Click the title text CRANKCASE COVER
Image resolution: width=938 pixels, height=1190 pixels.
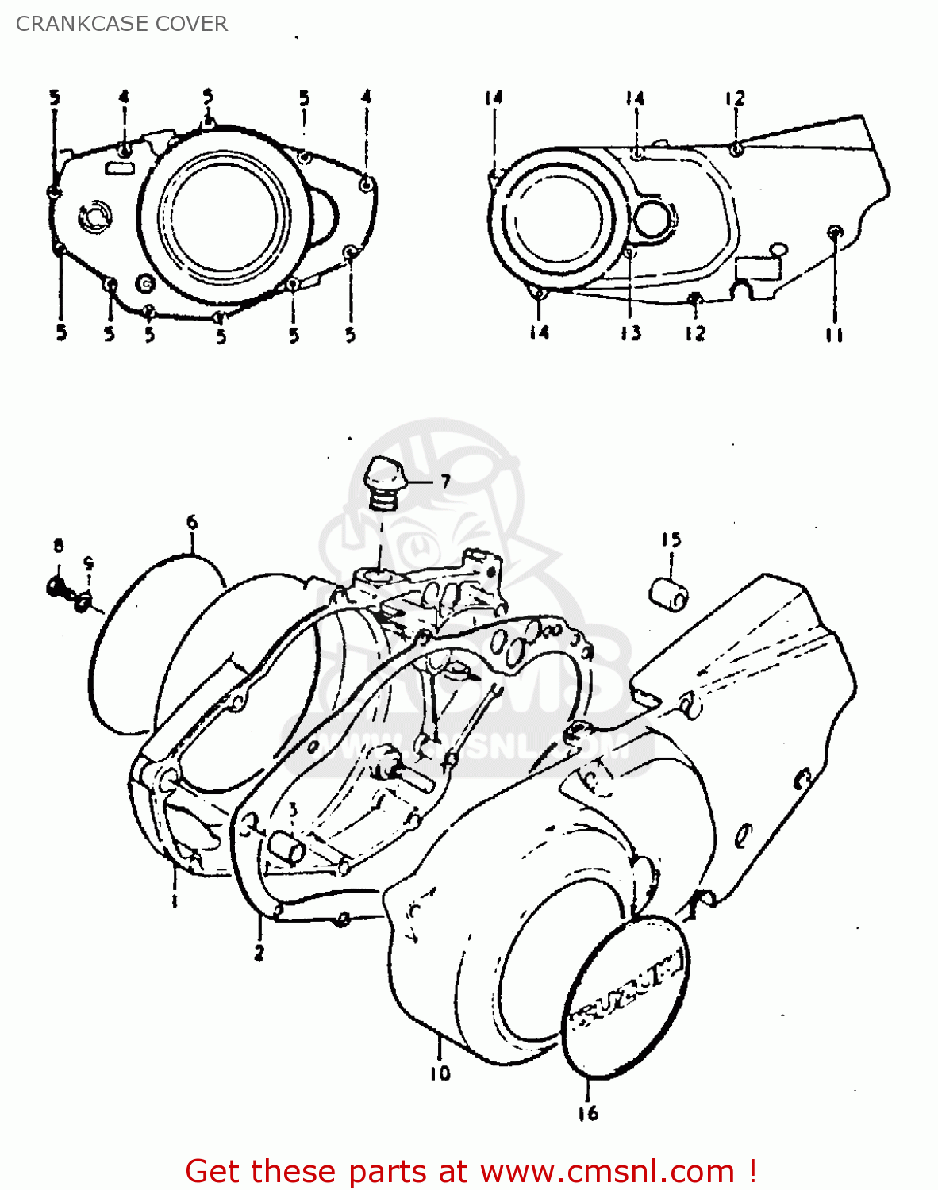[121, 24]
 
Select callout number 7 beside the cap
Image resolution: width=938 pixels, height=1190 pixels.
[445, 481]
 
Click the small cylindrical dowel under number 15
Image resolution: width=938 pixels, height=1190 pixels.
[669, 595]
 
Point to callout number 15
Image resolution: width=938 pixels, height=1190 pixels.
[671, 540]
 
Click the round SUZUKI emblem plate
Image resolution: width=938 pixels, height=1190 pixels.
[626, 996]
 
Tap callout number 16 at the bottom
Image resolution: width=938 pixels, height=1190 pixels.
[588, 1114]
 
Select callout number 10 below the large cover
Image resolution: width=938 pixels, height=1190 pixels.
[440, 1073]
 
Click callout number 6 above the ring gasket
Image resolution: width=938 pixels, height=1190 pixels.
[191, 522]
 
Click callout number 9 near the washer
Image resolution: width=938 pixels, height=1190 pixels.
[89, 564]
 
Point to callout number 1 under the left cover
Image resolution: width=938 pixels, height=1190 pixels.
[174, 901]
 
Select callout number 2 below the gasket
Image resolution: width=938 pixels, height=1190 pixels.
[259, 953]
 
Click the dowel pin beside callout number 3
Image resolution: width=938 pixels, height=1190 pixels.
[286, 848]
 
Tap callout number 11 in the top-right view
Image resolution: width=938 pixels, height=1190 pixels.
[833, 335]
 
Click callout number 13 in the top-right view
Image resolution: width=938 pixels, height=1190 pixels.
[631, 333]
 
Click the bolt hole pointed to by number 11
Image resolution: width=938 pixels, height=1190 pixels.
[834, 232]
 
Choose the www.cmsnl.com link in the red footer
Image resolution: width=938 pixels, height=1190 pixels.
[607, 1171]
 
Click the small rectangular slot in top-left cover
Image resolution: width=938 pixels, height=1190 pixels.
[121, 168]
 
